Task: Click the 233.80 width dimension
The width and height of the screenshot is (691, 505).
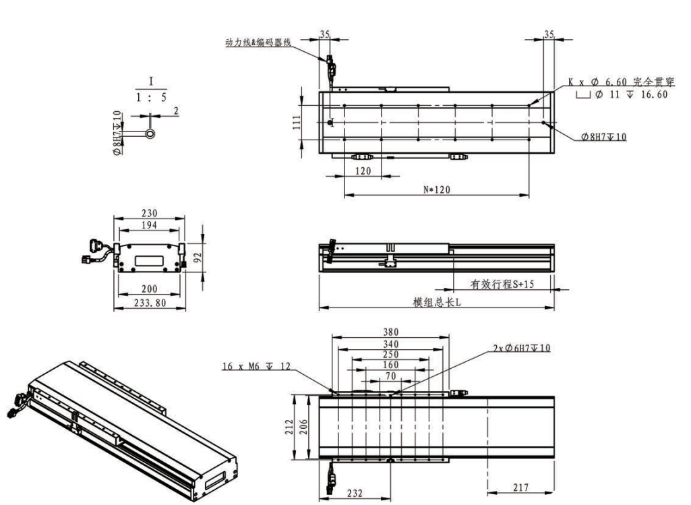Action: (150, 303)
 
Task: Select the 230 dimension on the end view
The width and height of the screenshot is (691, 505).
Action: (150, 213)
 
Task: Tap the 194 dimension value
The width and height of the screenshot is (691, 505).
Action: (150, 225)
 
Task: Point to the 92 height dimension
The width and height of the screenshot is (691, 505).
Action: (198, 258)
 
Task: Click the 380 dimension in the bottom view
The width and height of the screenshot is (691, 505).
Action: (390, 332)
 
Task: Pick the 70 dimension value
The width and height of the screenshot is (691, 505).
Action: (390, 376)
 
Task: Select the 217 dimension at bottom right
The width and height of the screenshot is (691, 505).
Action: (521, 487)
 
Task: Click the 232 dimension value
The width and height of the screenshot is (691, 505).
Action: (355, 493)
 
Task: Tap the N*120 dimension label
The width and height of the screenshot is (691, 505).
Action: (437, 189)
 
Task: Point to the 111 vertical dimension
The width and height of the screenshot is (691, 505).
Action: (296, 122)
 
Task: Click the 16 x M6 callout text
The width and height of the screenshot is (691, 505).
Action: (256, 366)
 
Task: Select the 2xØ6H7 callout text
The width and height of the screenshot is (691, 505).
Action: (522, 348)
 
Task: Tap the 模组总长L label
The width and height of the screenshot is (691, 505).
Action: (437, 302)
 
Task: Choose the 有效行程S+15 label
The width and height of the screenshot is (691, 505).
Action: (502, 285)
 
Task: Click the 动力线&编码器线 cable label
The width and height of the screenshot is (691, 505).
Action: (258, 42)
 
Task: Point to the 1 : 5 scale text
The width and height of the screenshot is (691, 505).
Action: (151, 97)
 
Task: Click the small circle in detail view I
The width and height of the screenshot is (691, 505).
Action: (151, 133)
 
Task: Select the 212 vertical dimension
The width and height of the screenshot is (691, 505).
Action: (289, 427)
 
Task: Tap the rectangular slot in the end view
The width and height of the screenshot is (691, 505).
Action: (149, 262)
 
